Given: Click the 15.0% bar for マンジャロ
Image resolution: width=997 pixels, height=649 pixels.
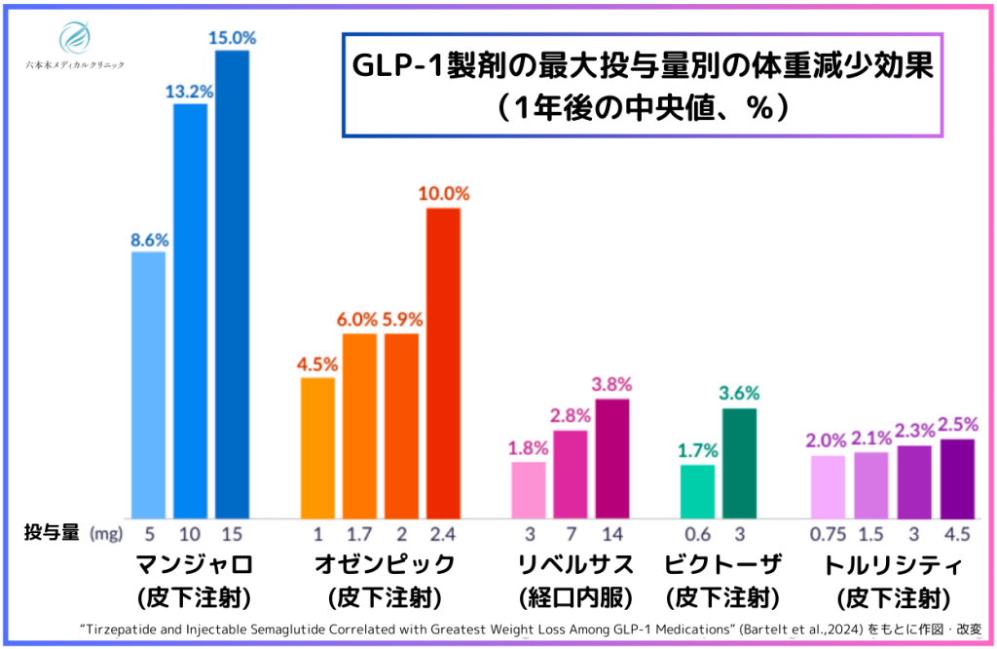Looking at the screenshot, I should point(232,283).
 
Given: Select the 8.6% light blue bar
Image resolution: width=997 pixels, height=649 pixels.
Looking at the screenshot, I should point(148,385).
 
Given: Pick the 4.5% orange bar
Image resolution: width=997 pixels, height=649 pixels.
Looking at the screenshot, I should point(317,447).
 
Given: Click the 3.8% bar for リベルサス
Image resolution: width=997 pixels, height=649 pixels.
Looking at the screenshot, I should point(612,458).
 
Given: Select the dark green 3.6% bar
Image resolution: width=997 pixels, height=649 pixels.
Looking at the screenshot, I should point(739,463).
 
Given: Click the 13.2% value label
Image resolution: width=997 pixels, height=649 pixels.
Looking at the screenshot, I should point(190,90).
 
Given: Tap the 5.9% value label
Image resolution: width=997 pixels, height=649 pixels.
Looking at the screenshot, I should point(402,320).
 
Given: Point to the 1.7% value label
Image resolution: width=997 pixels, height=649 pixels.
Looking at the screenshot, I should point(697,450).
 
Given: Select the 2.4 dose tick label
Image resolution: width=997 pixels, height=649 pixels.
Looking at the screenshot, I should point(443,534).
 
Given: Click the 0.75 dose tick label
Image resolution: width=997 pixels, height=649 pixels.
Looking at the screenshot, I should point(829,534).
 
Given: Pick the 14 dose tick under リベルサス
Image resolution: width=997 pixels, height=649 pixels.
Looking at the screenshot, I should point(612,534).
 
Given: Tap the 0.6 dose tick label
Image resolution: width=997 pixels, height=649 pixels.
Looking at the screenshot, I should point(697,534).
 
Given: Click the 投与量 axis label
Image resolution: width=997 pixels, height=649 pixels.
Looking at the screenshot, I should point(50,534).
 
